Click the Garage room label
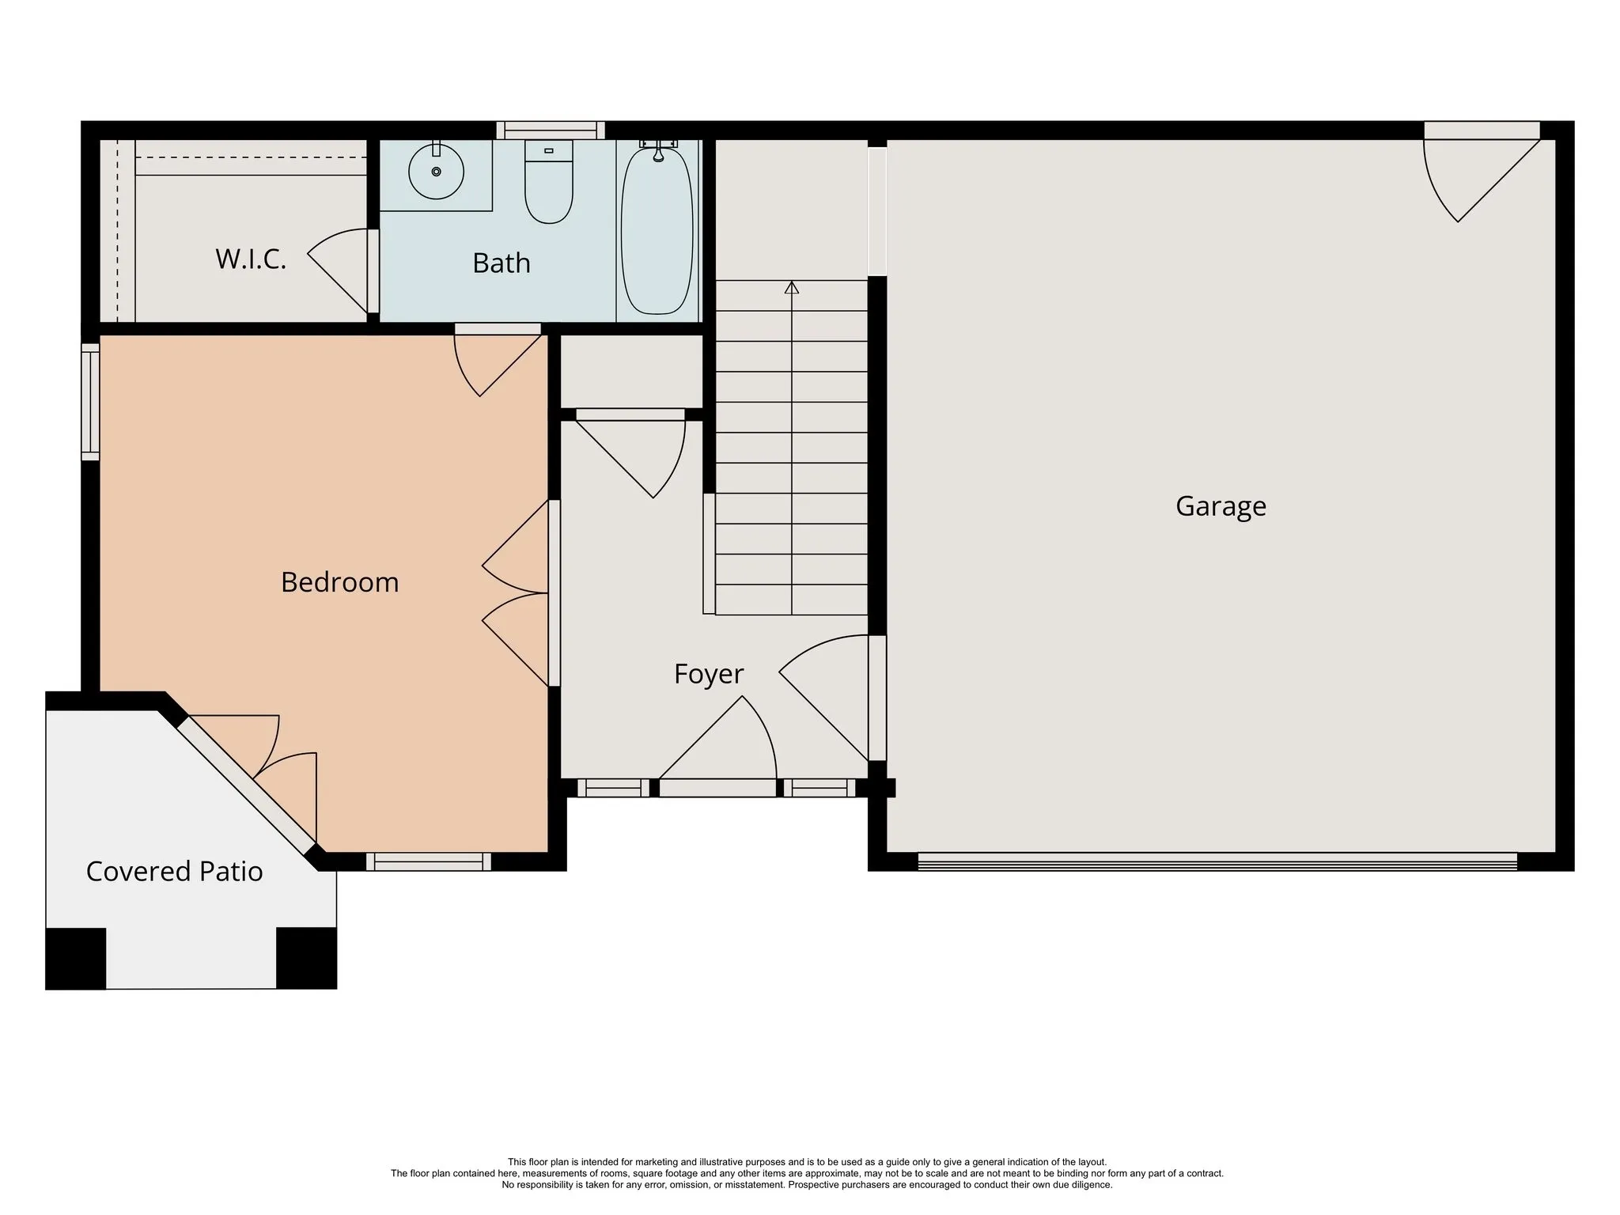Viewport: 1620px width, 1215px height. coord(1221,506)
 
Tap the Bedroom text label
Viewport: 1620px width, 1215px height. coord(339,582)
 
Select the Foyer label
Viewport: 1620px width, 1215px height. coord(709,674)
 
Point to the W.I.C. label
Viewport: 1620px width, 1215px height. coord(251,259)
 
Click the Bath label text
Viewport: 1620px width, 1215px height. coord(502,263)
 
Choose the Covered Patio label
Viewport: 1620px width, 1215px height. coord(174,871)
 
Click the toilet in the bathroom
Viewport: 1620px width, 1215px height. coord(549,181)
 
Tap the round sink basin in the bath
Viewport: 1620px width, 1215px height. coord(436,172)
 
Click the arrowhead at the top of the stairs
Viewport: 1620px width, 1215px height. coord(792,287)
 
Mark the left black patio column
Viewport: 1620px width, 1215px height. coord(75,958)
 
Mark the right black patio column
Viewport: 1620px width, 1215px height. coord(306,958)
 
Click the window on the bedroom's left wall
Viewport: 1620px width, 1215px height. coord(91,402)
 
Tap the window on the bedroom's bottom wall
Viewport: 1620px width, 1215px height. coord(428,862)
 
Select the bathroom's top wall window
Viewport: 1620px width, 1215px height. coord(551,130)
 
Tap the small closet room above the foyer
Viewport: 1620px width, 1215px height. coord(631,371)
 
